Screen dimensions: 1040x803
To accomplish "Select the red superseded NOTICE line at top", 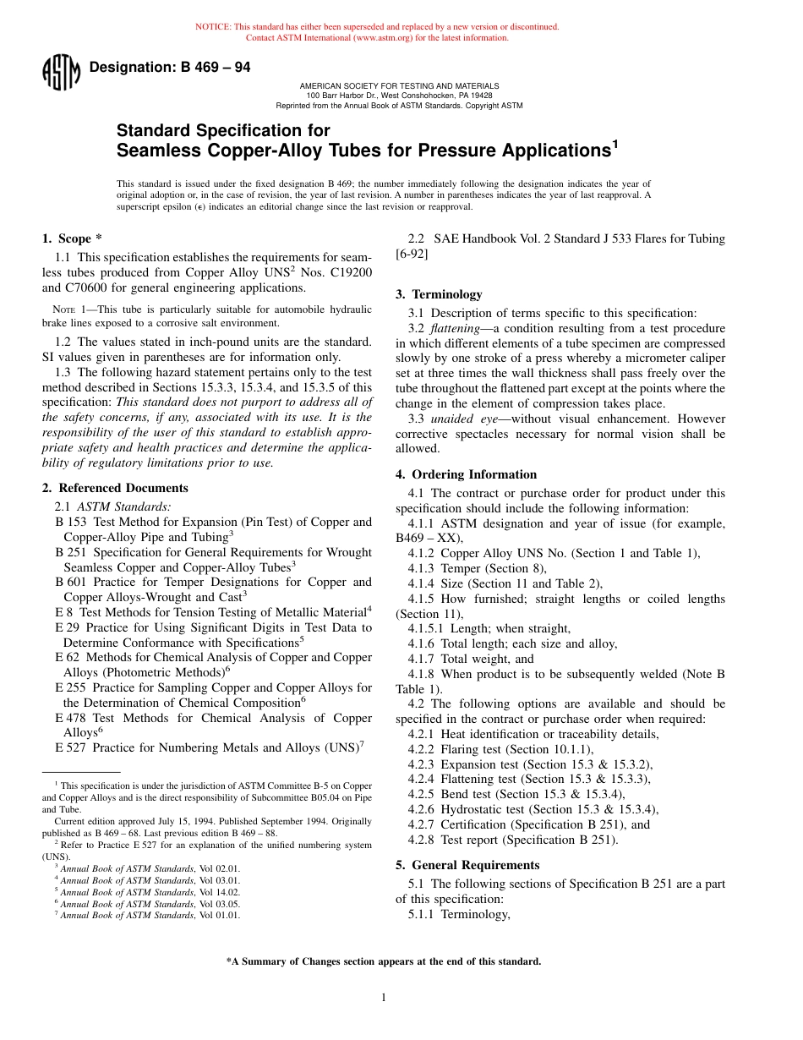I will pos(377,27).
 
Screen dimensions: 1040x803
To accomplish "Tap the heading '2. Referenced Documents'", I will pos(115,488).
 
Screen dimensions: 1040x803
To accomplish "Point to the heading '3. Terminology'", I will pos(439,294).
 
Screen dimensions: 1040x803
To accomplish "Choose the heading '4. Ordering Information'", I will pos(466,474).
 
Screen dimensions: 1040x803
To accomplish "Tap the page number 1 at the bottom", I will pos(384,998).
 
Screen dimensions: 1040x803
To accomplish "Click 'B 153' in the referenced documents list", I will pos(71,522).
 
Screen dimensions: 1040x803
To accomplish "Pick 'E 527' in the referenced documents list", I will pos(70,747).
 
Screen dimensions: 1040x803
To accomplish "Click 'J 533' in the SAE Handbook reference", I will pos(612,239).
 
